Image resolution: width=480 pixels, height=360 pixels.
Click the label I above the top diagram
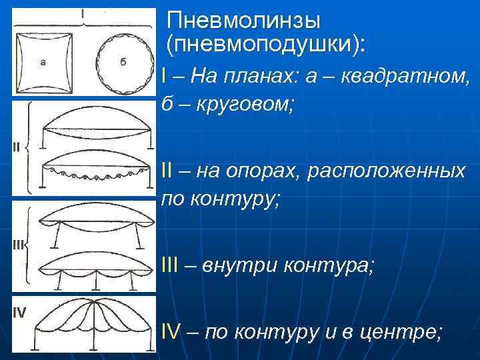(x=83, y=13)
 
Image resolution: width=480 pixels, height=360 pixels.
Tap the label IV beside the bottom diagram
(x=19, y=312)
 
